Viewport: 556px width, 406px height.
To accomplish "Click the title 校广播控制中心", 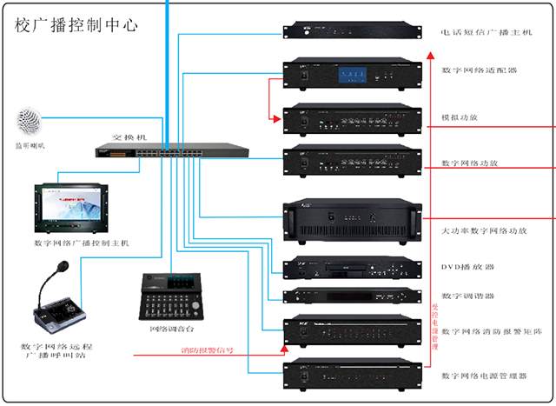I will click(76, 25).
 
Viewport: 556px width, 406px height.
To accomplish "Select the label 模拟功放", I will click(460, 116).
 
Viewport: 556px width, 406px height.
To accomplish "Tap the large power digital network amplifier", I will click(353, 214).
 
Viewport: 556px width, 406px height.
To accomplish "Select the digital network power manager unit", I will click(353, 376).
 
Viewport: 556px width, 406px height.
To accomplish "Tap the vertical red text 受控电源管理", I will click(435, 326).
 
